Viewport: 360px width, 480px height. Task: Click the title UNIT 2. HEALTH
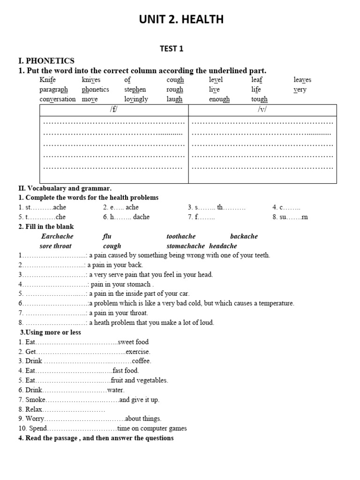[x=180, y=20]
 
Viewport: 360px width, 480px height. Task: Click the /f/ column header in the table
[x=114, y=110]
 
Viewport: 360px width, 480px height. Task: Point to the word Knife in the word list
[x=48, y=80]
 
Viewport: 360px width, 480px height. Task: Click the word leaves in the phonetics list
[x=302, y=80]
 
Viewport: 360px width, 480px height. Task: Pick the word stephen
[x=135, y=90]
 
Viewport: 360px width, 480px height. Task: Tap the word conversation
[x=57, y=99]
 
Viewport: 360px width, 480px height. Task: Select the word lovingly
[x=136, y=99]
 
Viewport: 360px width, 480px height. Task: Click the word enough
[x=219, y=99]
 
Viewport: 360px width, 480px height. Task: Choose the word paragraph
[x=53, y=90]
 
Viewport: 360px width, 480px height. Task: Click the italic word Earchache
[x=58, y=236]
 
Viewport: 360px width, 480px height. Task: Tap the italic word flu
[x=107, y=236]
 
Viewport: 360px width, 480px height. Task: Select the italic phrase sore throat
[x=56, y=246]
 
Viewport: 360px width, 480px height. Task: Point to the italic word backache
[x=244, y=236]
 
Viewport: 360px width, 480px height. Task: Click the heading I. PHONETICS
[x=46, y=61]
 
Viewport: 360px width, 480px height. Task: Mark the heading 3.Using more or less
[x=50, y=332]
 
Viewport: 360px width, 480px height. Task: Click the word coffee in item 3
[x=141, y=361]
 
